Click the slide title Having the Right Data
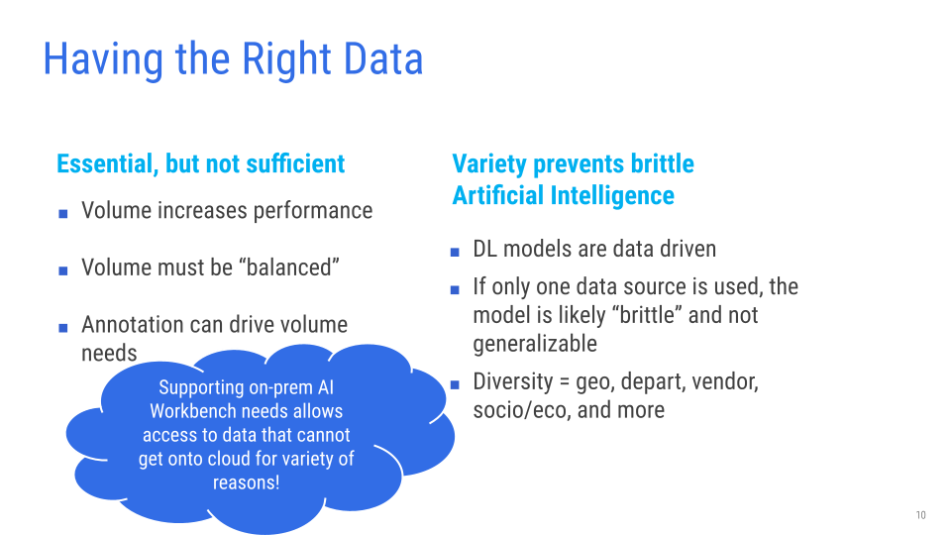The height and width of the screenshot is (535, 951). [233, 59]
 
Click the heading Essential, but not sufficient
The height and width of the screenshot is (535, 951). [201, 163]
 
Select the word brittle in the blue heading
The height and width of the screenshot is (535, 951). [663, 163]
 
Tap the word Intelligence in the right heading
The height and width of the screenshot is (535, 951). [612, 195]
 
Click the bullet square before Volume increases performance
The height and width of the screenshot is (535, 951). [63, 214]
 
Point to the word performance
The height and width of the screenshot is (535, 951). [313, 211]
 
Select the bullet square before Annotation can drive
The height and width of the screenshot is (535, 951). [63, 328]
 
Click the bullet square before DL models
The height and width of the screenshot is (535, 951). [455, 252]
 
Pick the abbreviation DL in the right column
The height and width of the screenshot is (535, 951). [485, 249]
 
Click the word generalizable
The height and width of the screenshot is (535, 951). [535, 344]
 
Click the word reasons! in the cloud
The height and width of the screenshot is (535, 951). [247, 482]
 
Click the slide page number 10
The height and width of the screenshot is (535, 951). [920, 515]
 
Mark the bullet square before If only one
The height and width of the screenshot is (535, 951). [455, 290]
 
